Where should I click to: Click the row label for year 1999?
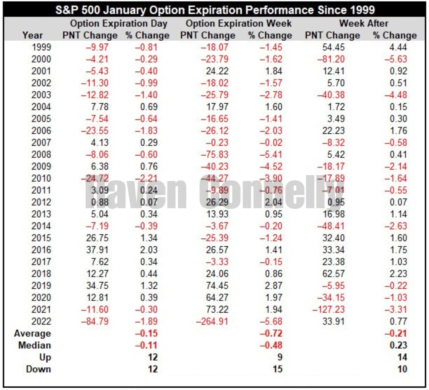click(41, 47)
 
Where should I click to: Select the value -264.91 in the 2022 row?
click(212, 321)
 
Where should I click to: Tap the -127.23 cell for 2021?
click(328, 310)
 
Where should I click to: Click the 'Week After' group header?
click(363, 23)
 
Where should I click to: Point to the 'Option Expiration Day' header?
click(119, 23)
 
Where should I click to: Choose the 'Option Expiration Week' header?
click(239, 23)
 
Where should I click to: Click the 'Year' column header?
click(32, 35)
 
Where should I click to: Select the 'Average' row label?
click(32, 333)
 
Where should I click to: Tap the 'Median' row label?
click(35, 345)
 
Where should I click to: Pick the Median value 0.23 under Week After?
click(398, 345)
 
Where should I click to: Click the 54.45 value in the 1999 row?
click(333, 47)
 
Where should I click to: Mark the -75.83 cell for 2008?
click(214, 154)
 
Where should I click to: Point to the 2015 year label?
click(41, 238)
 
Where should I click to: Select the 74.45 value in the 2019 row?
click(217, 286)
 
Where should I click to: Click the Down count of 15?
click(277, 369)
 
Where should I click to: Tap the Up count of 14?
click(402, 357)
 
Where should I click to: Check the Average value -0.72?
click(271, 333)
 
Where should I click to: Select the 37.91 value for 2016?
click(97, 250)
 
